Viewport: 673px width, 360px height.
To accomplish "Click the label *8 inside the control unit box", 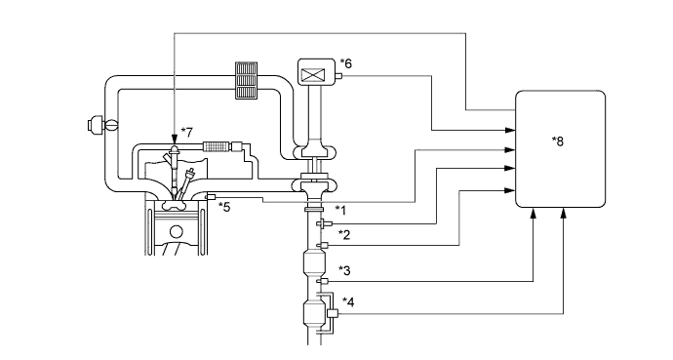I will (x=557, y=140).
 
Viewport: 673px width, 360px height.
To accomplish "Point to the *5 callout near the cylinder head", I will (x=224, y=206).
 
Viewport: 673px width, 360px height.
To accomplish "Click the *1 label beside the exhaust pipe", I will (x=340, y=209).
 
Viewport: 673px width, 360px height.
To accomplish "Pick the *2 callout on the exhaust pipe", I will (x=344, y=234).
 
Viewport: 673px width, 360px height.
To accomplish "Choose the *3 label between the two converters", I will (x=344, y=269).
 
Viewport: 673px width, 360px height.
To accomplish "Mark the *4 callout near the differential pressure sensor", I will (x=347, y=301).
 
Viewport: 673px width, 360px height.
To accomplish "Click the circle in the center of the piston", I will (x=176, y=232).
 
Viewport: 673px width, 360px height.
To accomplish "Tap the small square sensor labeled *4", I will (x=332, y=313).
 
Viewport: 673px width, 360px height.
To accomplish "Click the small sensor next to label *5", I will (x=210, y=198).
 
